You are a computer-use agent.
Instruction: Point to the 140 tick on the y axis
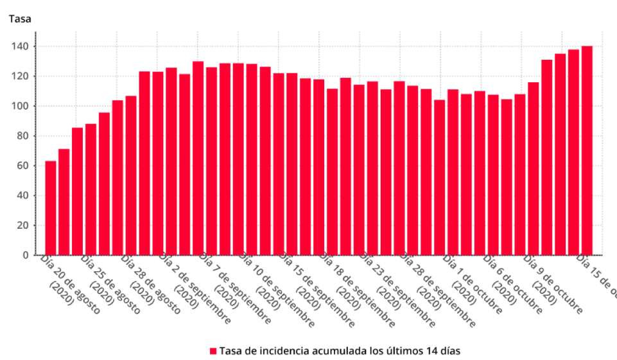pos(24,46)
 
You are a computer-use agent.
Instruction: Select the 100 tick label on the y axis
pos(24,106)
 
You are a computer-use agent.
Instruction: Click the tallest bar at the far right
pos(587,150)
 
